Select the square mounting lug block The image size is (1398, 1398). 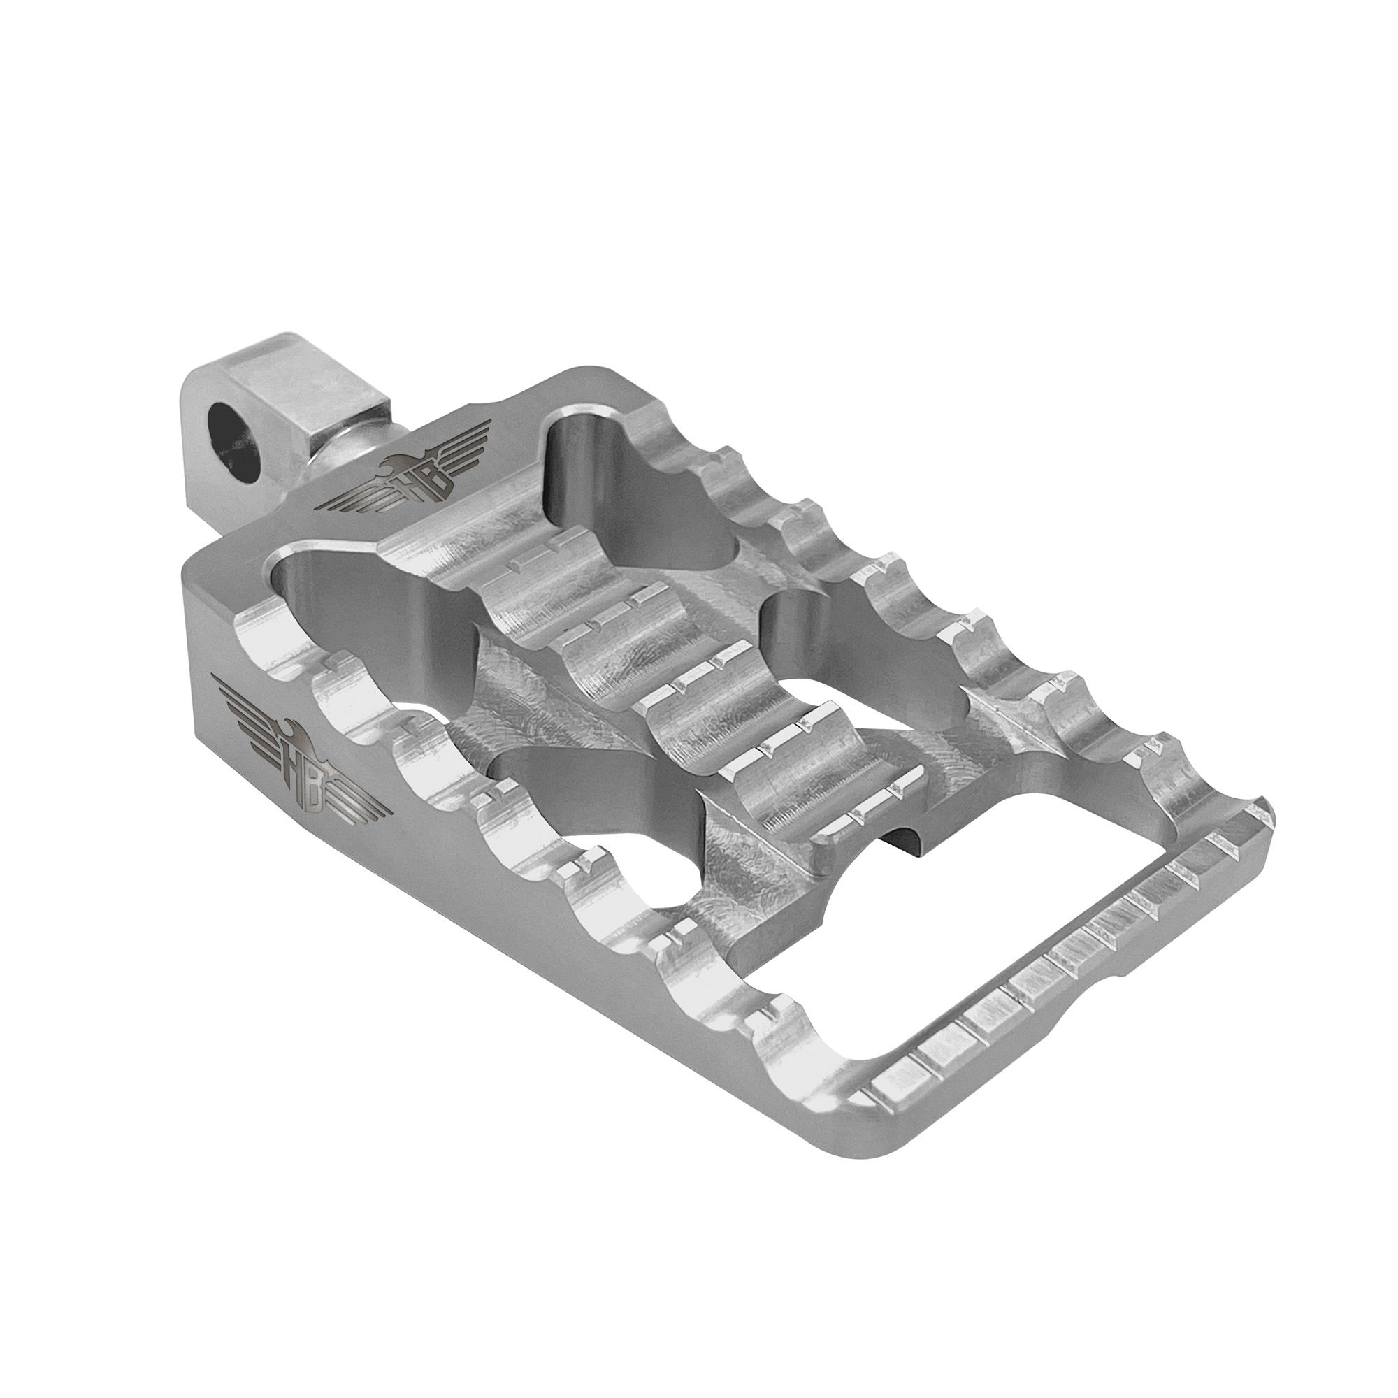click(x=289, y=412)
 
